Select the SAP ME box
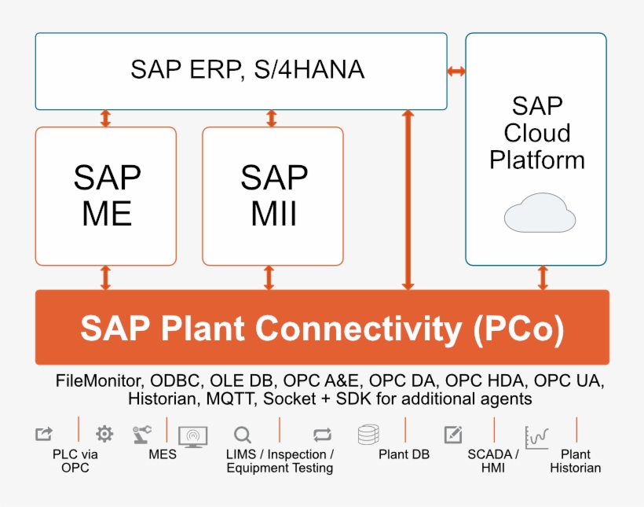(106, 196)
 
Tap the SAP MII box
(273, 196)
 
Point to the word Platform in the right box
(536, 160)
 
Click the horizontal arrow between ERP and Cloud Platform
(456, 72)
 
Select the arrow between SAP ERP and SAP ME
(105, 119)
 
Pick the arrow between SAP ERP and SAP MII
(272, 119)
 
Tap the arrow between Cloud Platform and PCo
(543, 277)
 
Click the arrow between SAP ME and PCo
(105, 277)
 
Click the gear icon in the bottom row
(104, 433)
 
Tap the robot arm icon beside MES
(142, 433)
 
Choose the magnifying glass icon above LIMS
(243, 435)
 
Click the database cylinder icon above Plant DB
(368, 435)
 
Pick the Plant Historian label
(575, 461)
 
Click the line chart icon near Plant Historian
(536, 436)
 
